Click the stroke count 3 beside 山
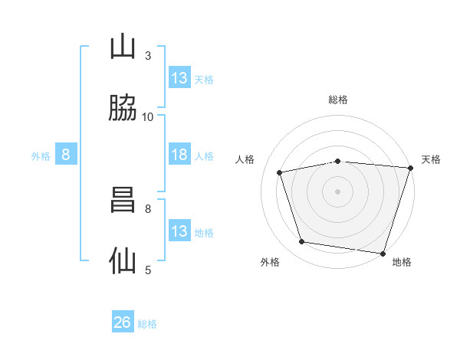point(148,55)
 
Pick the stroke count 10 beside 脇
point(148,116)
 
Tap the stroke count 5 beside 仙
point(148,270)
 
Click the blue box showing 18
point(179,155)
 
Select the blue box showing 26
point(123,322)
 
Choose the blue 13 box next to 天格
point(179,78)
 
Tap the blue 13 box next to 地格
point(179,231)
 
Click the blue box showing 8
point(66,155)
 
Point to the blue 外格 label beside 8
point(41,155)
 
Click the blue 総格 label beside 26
point(147,323)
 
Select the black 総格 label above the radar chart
point(338,100)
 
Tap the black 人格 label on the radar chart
point(245,159)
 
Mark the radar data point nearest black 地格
point(382,253)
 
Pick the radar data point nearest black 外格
point(302,242)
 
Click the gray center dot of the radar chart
point(337,191)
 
